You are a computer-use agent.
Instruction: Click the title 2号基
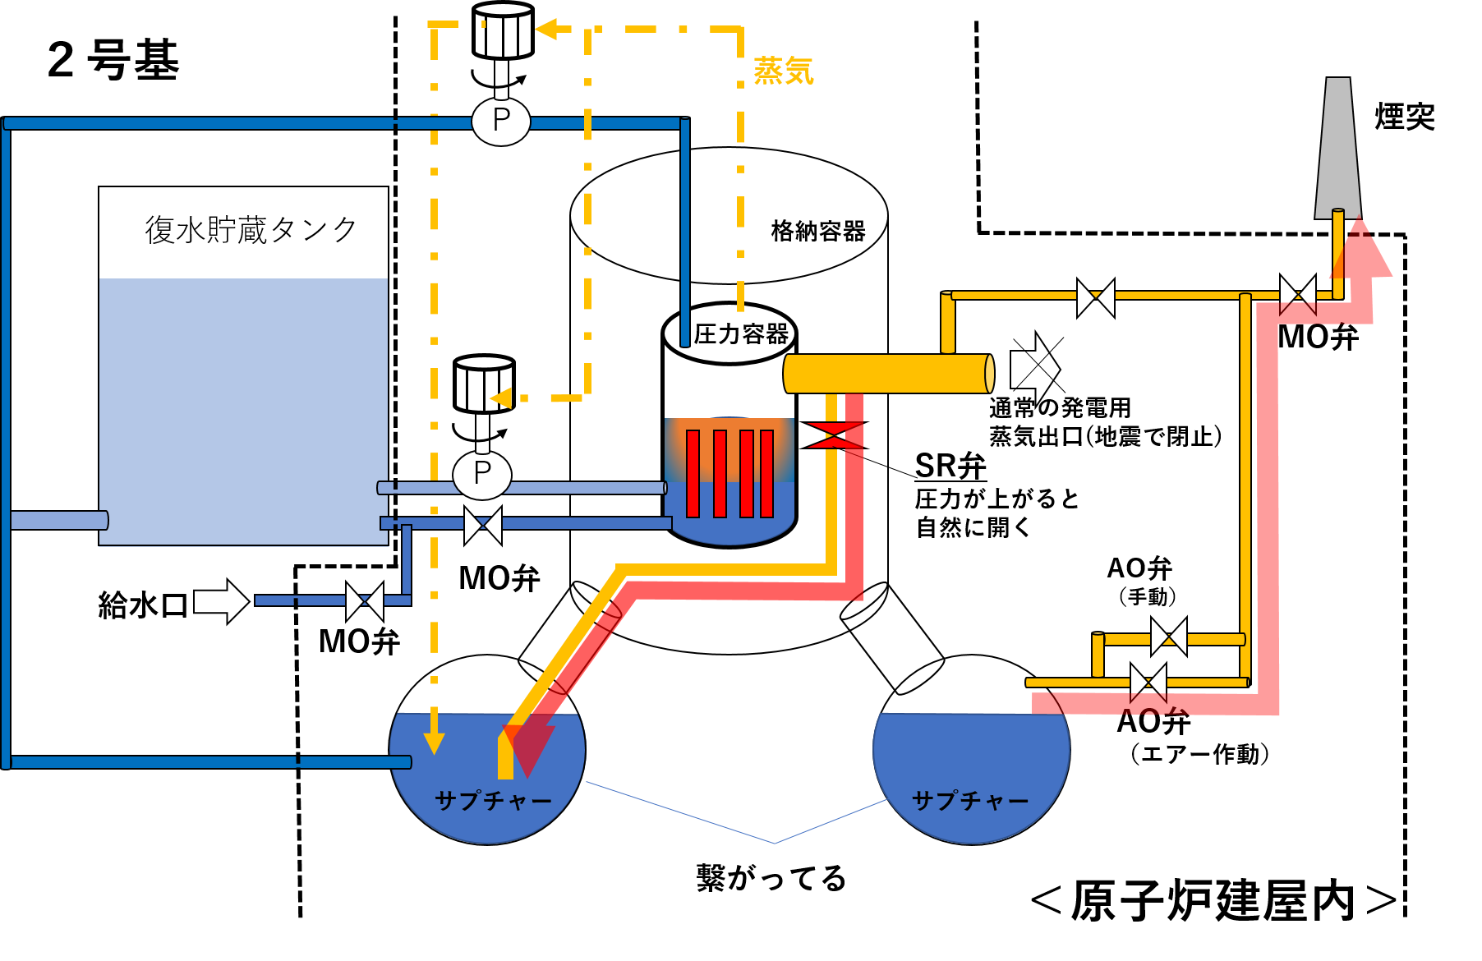[113, 60]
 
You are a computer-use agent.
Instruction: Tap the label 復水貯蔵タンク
[251, 230]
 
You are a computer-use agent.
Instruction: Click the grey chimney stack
[1338, 148]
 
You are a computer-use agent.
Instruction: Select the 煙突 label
[1405, 117]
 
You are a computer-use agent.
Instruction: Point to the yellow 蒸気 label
[784, 71]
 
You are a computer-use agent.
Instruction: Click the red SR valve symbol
[834, 435]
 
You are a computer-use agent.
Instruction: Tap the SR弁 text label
[950, 466]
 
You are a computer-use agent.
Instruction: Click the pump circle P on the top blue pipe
[501, 122]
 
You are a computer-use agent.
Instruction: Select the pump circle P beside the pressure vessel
[482, 474]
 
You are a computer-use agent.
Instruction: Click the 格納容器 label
[818, 232]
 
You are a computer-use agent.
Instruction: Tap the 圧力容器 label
[741, 334]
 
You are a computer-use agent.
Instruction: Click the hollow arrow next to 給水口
[221, 602]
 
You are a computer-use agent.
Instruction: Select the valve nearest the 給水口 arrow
[365, 601]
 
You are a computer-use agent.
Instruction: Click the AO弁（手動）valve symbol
[1169, 637]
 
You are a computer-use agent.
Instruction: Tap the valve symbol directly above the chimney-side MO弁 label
[1298, 294]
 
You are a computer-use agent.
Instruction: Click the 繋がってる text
[771, 878]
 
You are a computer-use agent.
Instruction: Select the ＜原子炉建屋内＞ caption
[1213, 901]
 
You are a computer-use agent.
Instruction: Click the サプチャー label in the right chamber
[970, 801]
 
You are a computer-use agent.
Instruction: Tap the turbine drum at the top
[503, 31]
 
